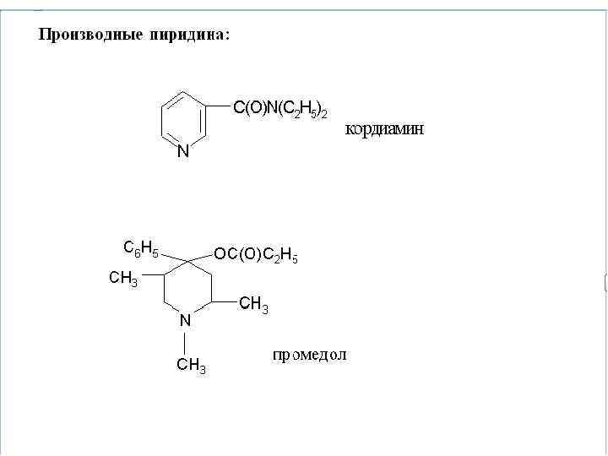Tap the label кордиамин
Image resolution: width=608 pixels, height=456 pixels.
tap(384, 130)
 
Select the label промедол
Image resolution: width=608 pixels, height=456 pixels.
tap(309, 355)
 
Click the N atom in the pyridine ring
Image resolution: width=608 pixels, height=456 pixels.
tap(183, 153)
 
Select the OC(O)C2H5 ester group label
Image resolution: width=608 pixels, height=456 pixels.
tap(256, 255)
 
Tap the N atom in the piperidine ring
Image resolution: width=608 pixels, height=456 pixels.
tap(185, 320)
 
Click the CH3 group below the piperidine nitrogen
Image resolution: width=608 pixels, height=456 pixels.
tap(191, 366)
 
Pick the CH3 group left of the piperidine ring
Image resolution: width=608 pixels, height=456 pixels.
tap(124, 280)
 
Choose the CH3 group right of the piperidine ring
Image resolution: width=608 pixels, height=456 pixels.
tap(253, 304)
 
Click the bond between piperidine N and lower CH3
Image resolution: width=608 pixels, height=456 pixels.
tap(185, 342)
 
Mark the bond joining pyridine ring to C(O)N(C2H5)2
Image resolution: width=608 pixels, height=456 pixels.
tap(218, 106)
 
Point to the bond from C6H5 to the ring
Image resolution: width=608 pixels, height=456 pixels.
tap(173, 253)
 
